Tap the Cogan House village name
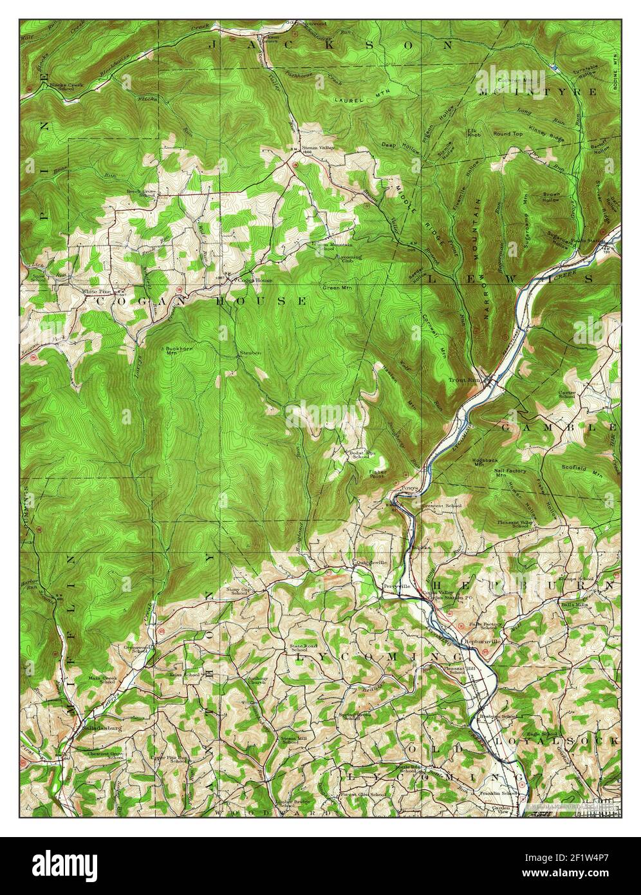(251, 281)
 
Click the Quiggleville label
(371, 562)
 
